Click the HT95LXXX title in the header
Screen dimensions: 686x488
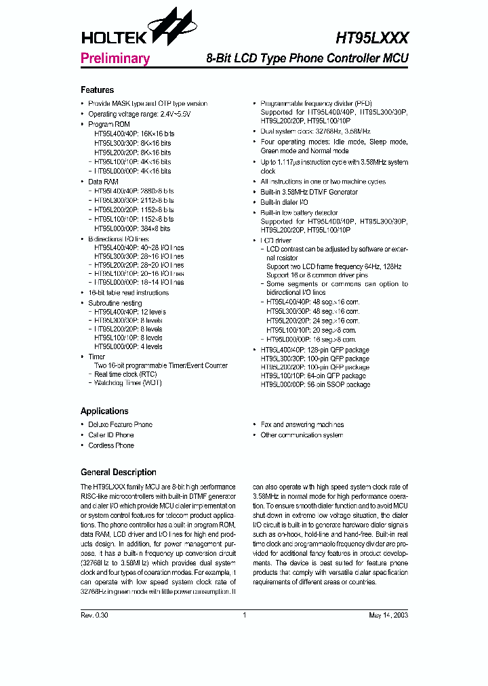(371, 39)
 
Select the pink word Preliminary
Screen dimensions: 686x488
(115, 58)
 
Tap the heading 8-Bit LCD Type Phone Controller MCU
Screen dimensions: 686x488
(307, 58)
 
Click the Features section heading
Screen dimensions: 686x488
(97, 90)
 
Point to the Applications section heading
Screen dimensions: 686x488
(104, 411)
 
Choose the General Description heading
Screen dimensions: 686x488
(118, 472)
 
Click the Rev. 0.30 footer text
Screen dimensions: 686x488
(94, 616)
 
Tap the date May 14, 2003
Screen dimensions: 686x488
(388, 616)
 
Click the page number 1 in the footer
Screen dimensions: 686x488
(244, 616)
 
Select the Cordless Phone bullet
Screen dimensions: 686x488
(111, 445)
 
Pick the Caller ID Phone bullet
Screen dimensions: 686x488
(111, 435)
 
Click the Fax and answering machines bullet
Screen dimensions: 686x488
(302, 424)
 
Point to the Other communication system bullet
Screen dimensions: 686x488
(302, 435)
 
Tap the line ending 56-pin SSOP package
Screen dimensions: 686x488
(315, 384)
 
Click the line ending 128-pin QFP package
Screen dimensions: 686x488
(315, 350)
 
